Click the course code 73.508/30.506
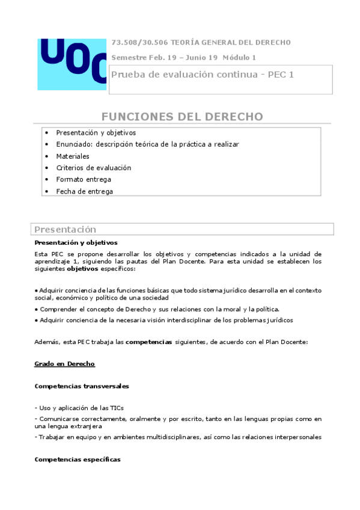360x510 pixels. click(x=139, y=42)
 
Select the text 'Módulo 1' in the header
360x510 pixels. click(x=239, y=57)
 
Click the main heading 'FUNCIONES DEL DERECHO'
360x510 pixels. click(x=182, y=116)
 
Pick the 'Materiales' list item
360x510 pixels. click(x=73, y=156)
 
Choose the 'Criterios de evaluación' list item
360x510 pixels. click(x=93, y=168)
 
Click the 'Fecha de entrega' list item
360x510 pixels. click(x=84, y=191)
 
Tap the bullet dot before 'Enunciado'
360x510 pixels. click(x=47, y=144)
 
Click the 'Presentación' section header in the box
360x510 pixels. click(x=65, y=229)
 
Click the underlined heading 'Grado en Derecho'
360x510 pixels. click(x=65, y=364)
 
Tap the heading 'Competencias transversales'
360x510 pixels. click(x=82, y=386)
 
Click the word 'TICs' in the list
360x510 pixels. click(x=117, y=408)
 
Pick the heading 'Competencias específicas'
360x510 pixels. click(x=78, y=459)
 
